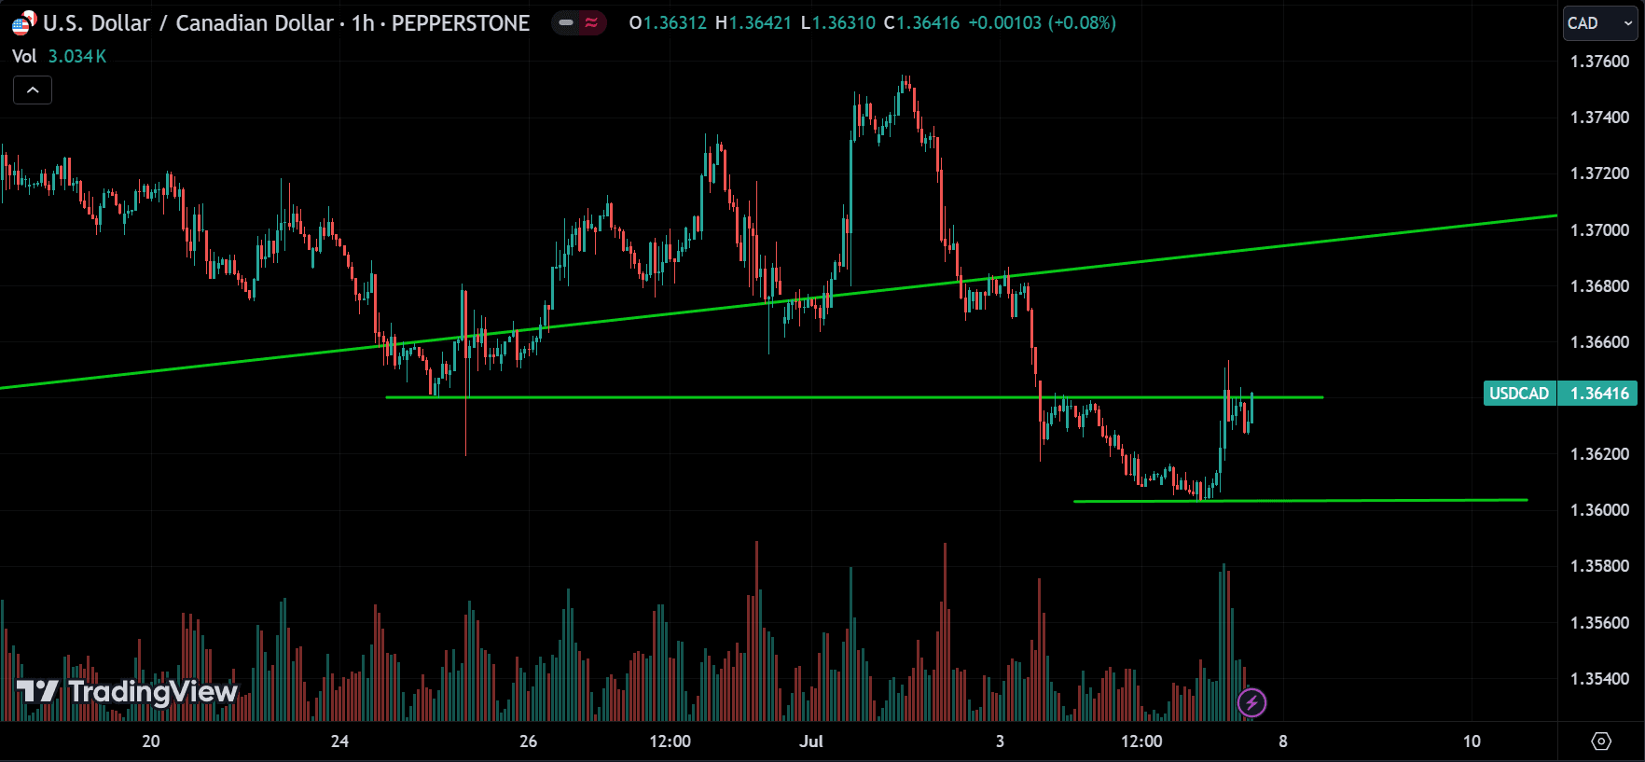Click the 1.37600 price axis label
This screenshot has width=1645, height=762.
click(1599, 62)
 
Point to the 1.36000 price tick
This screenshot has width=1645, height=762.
click(1599, 510)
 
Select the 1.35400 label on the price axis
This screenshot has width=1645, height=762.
click(1599, 679)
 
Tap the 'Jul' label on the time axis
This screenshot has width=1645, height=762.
click(811, 741)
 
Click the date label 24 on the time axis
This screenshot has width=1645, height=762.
click(339, 741)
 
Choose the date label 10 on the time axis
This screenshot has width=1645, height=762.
click(1472, 741)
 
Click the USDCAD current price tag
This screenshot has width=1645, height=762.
click(1559, 394)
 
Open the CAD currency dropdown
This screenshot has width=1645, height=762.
click(1599, 23)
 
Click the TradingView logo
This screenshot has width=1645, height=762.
click(128, 692)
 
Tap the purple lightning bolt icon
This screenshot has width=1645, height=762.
click(1251, 702)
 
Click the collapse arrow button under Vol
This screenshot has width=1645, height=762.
click(33, 90)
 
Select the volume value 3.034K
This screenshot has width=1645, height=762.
click(77, 57)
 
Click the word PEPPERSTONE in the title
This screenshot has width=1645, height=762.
click(460, 23)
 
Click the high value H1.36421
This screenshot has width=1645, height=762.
click(753, 23)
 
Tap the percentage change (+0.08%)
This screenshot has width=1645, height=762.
click(1082, 23)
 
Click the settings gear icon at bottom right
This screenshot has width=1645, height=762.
click(1601, 741)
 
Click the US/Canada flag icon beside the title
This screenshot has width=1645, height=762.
click(23, 23)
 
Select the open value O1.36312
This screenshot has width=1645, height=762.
click(668, 23)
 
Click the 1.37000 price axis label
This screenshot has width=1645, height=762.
click(1599, 230)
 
